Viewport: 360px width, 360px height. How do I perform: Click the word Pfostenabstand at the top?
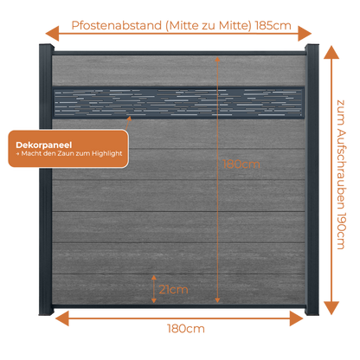(x=116, y=26)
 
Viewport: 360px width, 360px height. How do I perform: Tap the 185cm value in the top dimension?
(x=273, y=26)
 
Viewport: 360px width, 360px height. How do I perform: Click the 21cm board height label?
(x=173, y=289)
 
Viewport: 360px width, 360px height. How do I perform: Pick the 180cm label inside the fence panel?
(x=241, y=164)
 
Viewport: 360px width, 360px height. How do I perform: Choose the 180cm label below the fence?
(x=186, y=329)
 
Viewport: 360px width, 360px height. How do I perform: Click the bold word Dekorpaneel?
(x=44, y=145)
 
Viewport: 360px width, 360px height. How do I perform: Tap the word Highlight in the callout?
(x=107, y=153)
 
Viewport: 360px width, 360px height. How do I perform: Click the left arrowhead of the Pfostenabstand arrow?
(x=52, y=34)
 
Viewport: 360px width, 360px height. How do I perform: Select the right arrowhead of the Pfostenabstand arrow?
(x=305, y=34)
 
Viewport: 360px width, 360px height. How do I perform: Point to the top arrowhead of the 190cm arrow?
(x=331, y=52)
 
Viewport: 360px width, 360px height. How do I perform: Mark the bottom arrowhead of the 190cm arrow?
(x=331, y=308)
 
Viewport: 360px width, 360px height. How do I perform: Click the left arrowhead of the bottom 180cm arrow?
(x=62, y=318)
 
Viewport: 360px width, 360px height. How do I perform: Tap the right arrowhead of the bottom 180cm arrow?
(x=297, y=318)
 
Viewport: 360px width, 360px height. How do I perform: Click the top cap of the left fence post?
(x=47, y=46)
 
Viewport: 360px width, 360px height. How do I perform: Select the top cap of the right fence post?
(x=312, y=46)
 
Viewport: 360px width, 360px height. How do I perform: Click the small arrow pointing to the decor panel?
(x=128, y=123)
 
